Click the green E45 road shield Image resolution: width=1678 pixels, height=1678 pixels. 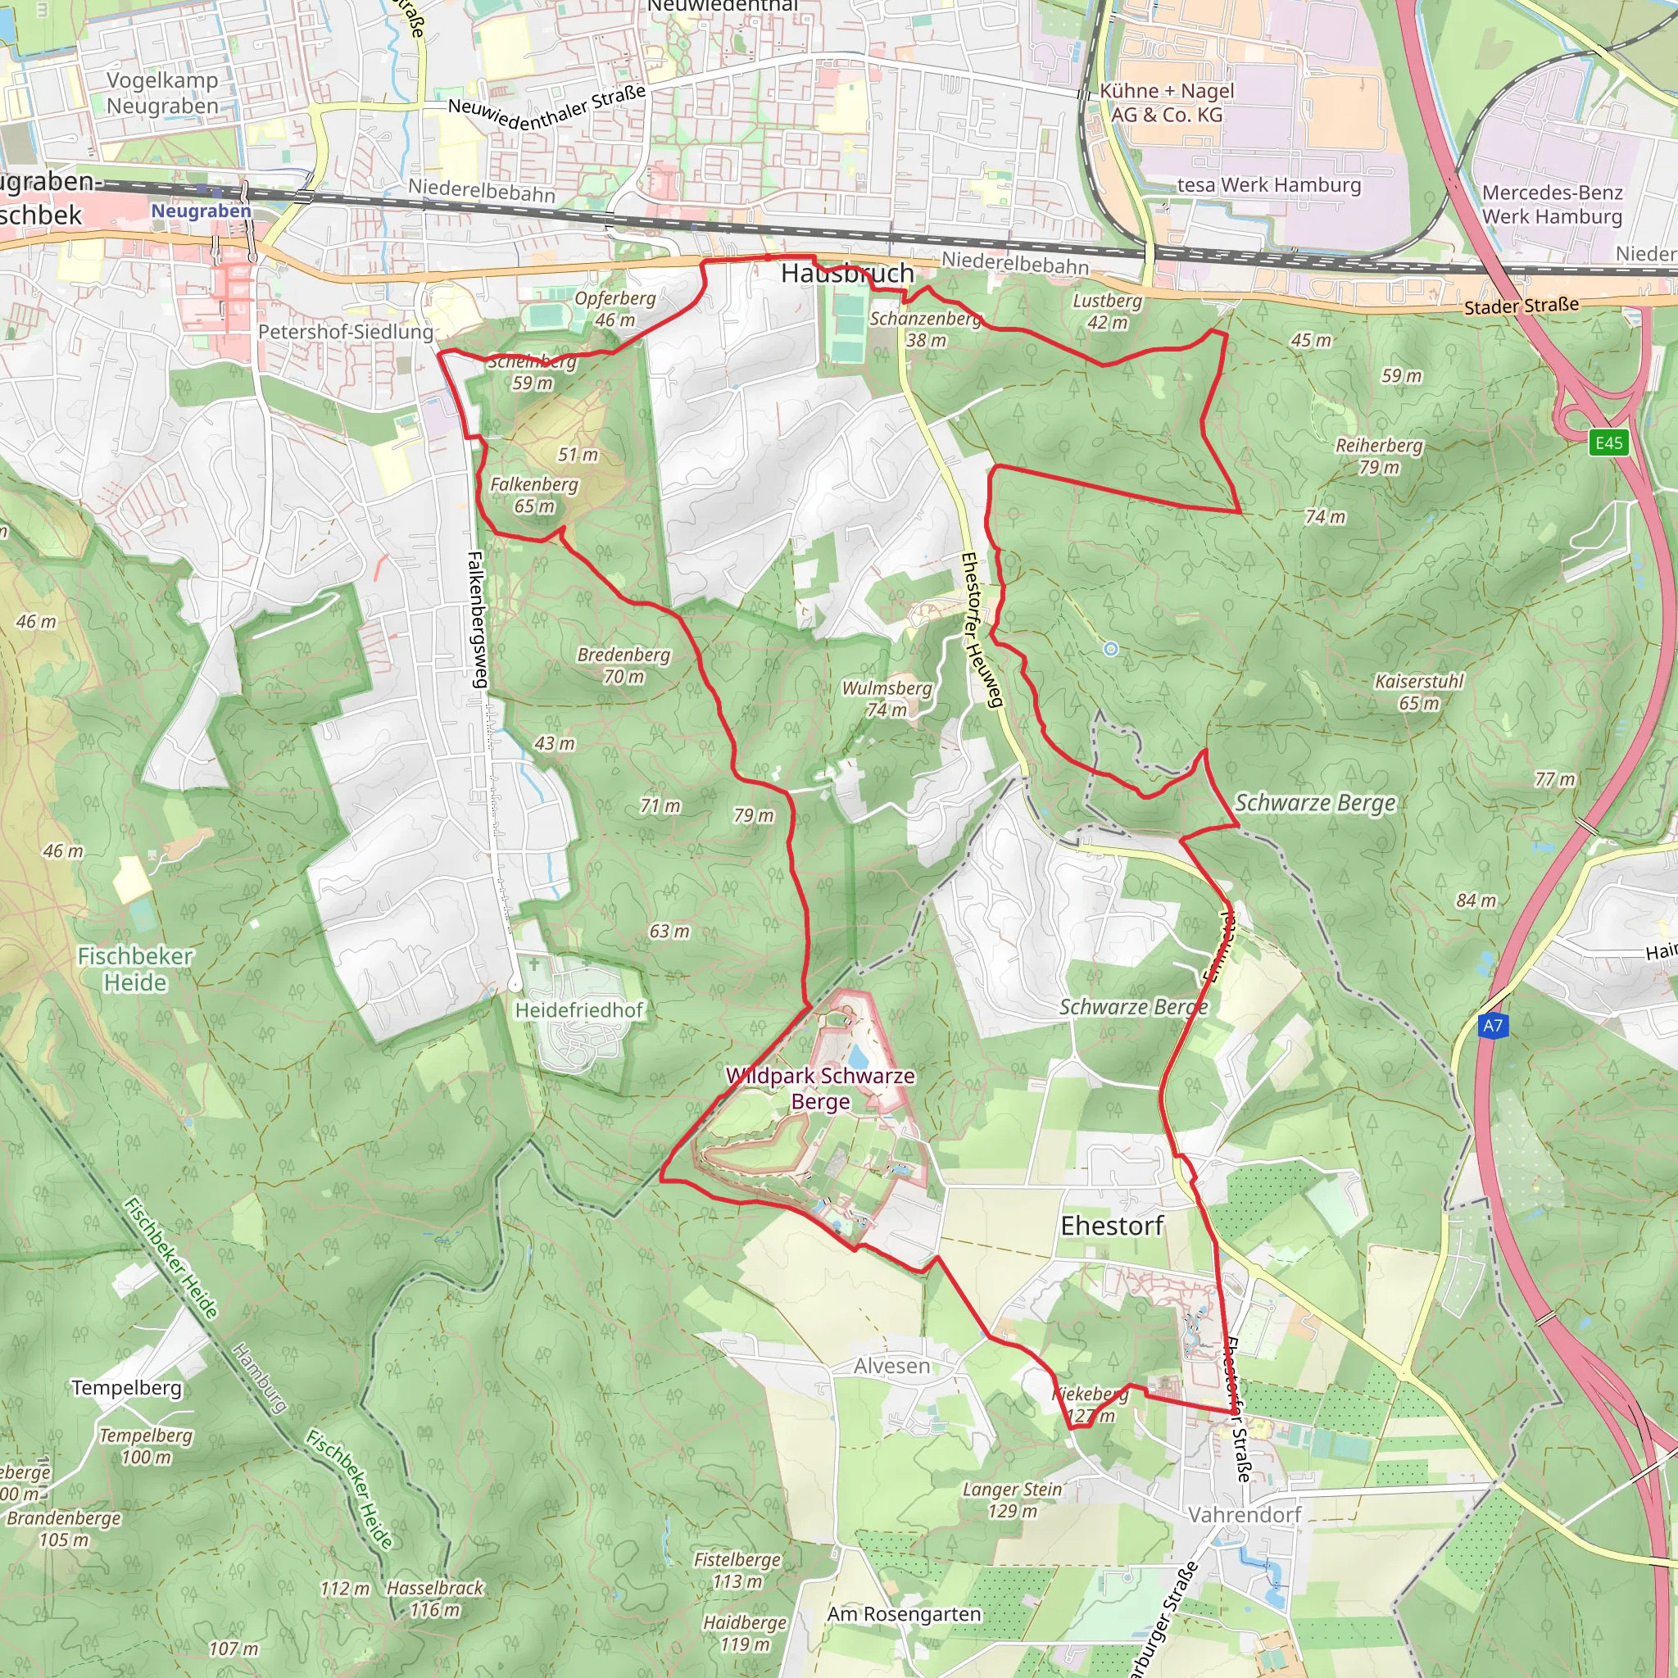[1608, 443]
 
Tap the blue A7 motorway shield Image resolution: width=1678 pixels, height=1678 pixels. [1492, 1026]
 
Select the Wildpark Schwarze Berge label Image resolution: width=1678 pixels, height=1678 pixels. [820, 1088]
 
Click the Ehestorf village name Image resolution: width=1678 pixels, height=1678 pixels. [1112, 1226]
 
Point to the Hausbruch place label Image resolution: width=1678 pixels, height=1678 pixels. [847, 273]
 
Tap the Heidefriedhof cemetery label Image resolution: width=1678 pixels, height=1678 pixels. [579, 1010]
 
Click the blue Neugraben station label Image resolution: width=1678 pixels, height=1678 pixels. [201, 211]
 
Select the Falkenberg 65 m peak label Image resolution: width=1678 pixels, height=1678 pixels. [534, 495]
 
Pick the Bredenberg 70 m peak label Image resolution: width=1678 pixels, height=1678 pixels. [624, 665]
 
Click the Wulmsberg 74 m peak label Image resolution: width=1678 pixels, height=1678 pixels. [887, 698]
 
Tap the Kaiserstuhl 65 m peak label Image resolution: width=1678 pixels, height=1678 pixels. [1419, 692]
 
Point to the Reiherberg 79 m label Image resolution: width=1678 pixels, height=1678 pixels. [1379, 456]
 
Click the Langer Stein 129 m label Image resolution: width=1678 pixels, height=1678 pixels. [1013, 1500]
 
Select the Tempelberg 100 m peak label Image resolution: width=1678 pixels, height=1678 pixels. [146, 1446]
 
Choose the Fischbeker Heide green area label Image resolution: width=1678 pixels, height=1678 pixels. [134, 968]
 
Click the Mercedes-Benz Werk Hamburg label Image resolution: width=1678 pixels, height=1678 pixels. [1552, 204]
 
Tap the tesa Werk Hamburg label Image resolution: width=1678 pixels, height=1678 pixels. [1269, 185]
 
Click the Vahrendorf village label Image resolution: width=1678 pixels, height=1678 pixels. [1245, 1515]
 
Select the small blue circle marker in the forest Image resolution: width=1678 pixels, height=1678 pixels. [1111, 649]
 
